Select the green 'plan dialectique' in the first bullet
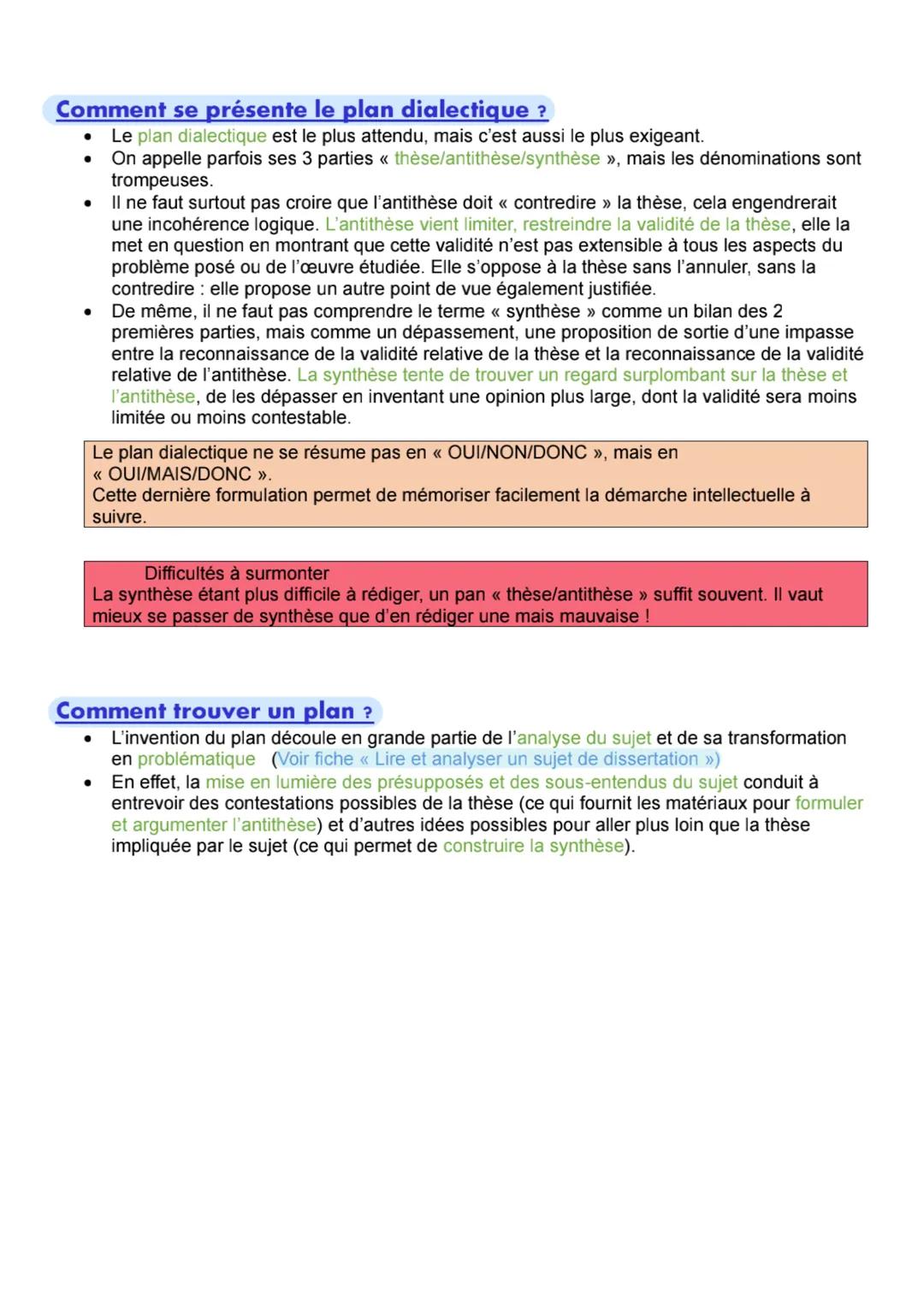(x=202, y=136)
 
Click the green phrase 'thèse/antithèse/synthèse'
(x=497, y=158)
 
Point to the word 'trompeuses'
(x=161, y=180)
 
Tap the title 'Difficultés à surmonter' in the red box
(x=236, y=573)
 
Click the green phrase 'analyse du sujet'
(x=584, y=738)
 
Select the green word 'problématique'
(x=196, y=759)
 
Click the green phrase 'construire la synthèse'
(x=534, y=846)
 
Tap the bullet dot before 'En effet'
(x=87, y=782)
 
